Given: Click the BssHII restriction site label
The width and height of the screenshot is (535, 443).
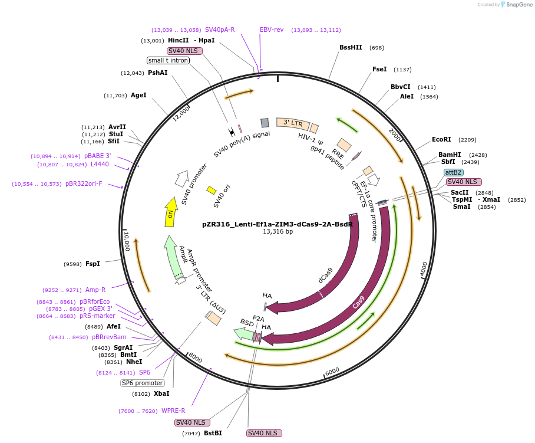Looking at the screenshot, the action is [351, 47].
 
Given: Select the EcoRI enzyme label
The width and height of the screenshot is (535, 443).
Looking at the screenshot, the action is [441, 139].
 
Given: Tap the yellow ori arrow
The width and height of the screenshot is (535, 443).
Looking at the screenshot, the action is [171, 212].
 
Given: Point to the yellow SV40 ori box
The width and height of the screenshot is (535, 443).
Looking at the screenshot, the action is [212, 190].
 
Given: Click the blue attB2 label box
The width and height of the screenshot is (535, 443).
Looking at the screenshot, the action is [454, 172].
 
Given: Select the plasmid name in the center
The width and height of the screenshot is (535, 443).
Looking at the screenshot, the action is [278, 224].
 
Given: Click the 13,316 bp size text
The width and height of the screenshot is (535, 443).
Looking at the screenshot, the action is [278, 232].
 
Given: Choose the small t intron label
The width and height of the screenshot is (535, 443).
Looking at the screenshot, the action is [168, 60].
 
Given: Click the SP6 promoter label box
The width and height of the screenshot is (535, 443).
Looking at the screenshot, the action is [143, 383].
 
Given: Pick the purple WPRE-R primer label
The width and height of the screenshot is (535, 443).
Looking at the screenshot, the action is [173, 411].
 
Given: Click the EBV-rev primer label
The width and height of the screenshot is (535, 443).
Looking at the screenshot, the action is [272, 29].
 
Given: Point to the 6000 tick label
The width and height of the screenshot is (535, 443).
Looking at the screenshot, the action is [332, 372].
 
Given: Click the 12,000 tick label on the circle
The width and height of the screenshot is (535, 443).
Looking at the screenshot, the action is [180, 114].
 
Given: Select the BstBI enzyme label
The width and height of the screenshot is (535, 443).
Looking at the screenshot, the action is [213, 433].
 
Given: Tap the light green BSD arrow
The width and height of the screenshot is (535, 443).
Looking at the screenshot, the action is [243, 334].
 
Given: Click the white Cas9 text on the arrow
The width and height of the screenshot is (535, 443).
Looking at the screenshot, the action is [358, 302].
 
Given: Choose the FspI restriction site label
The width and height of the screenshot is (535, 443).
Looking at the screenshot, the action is [93, 264].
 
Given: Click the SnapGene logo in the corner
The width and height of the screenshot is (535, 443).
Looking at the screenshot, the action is [517, 5].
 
